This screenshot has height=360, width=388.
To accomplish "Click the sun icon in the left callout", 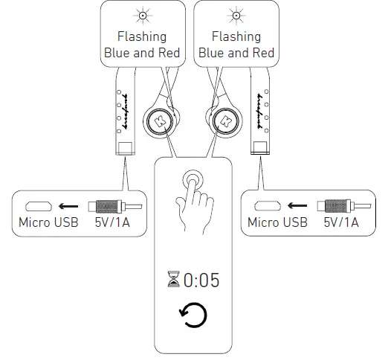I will (x=142, y=16).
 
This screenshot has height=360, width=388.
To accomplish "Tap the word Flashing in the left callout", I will (x=142, y=36).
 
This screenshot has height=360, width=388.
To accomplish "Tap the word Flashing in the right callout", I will (x=236, y=36).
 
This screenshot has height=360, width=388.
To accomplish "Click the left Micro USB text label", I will (x=48, y=222).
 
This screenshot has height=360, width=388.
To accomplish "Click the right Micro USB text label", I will (x=277, y=222).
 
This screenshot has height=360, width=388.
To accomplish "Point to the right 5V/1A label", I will (x=341, y=222).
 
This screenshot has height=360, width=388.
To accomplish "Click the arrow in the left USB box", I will (x=70, y=206).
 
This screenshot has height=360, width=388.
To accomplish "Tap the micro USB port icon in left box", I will (x=37, y=206).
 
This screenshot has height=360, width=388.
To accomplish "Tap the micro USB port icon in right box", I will (x=266, y=206).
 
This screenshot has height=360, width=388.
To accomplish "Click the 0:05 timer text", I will (x=201, y=280).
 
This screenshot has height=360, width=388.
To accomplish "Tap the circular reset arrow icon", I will (x=193, y=315).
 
